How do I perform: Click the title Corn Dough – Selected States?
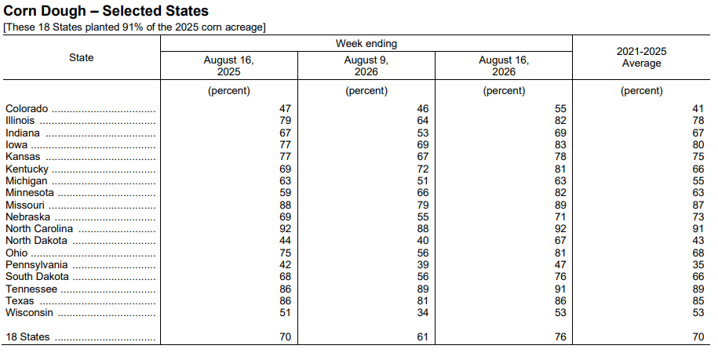click(106, 11)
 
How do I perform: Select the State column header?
click(82, 57)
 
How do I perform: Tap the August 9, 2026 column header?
click(366, 66)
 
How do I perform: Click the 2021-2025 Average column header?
click(641, 57)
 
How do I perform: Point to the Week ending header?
click(366, 43)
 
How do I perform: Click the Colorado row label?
click(27, 109)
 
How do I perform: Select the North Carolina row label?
click(39, 229)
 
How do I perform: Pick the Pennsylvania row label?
click(37, 265)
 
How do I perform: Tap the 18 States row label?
click(27, 337)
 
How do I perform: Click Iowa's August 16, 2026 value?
click(560, 145)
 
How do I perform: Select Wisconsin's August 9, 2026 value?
click(423, 313)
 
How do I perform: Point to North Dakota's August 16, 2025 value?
click(286, 241)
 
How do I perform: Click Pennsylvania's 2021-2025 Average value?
click(698, 265)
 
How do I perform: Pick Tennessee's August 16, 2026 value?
click(560, 289)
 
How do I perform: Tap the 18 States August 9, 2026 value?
click(423, 337)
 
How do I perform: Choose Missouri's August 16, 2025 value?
click(286, 205)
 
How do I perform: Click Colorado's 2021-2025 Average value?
click(698, 109)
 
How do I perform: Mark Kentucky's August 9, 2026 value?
click(423, 169)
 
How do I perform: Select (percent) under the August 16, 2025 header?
click(229, 90)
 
